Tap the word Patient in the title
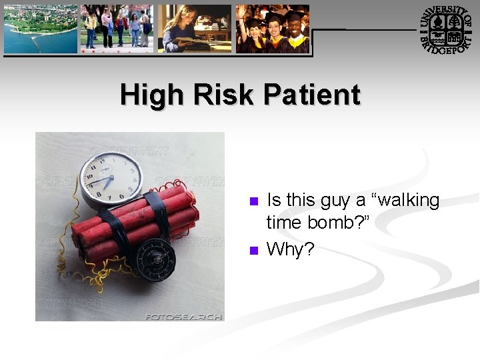coord(311,95)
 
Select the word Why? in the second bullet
coord(291,249)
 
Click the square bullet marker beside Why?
coord(253,251)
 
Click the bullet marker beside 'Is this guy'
coord(253,201)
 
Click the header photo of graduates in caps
coord(272,29)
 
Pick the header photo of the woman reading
coord(195,29)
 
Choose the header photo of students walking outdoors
coord(117,29)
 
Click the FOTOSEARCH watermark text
coord(183,317)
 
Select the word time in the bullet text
coord(285,223)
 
